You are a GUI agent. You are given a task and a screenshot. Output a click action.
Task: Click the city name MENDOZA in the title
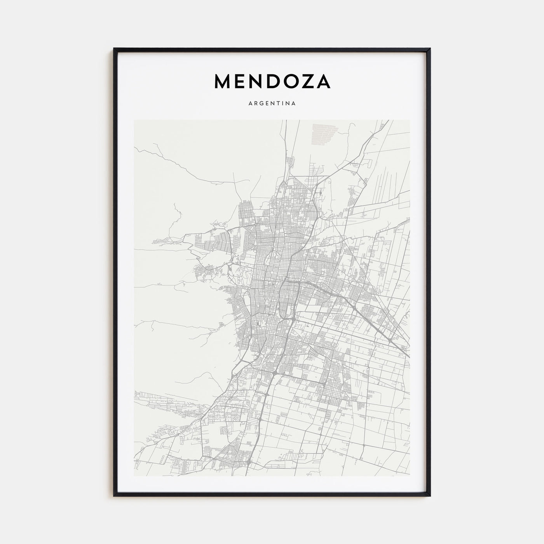[x=272, y=81]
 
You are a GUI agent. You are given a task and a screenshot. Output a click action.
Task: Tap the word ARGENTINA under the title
[x=272, y=103]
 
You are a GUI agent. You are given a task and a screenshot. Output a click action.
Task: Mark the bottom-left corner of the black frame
[x=114, y=496]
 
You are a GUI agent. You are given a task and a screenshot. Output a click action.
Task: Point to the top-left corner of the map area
[x=134, y=120]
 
